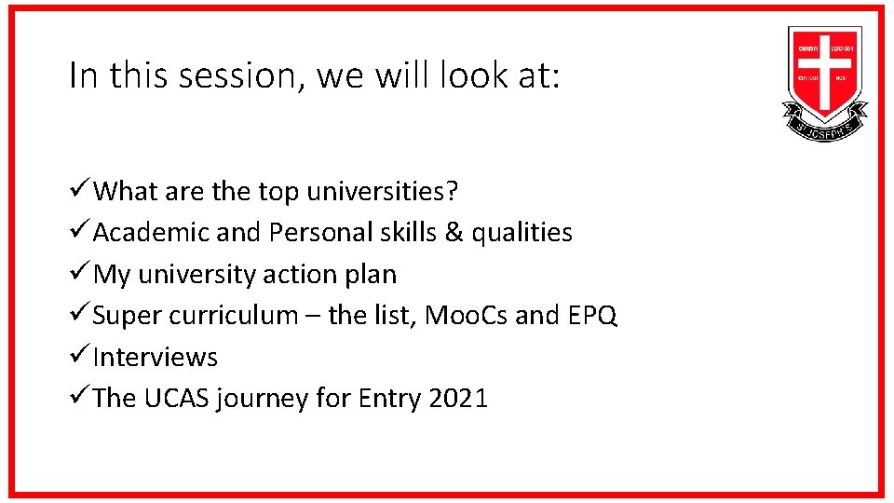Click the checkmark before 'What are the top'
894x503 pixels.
(80, 191)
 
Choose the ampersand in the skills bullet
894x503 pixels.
(451, 233)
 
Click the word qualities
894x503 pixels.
(521, 233)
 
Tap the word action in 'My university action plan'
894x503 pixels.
(298, 275)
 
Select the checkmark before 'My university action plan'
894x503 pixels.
(80, 274)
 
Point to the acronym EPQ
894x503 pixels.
(591, 316)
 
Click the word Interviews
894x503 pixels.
(156, 358)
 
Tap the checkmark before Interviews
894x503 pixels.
(80, 357)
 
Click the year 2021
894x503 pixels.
(458, 399)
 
